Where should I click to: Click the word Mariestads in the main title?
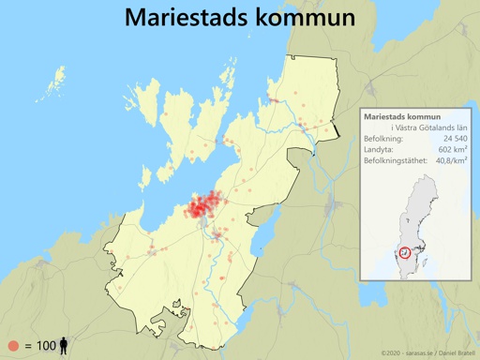[x=184, y=18]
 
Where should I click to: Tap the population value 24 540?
[x=452, y=139]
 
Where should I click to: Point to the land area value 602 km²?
[x=453, y=150]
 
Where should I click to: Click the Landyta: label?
[x=379, y=150]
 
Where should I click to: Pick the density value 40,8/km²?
[x=451, y=161]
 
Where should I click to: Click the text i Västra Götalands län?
[x=429, y=127]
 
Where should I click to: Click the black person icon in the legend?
[x=64, y=345]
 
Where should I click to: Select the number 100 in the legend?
[x=46, y=346]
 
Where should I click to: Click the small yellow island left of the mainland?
[x=58, y=76]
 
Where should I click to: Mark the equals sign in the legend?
[x=27, y=346]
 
